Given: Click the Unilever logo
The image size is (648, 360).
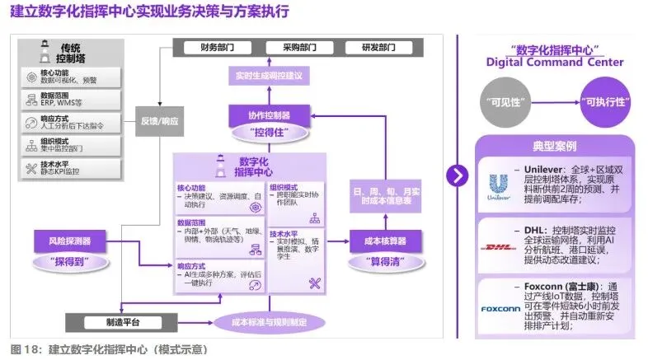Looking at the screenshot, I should [498, 185].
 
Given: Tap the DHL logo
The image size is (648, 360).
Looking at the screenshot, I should [498, 246].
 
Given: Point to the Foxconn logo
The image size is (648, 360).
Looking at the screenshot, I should [498, 309].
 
